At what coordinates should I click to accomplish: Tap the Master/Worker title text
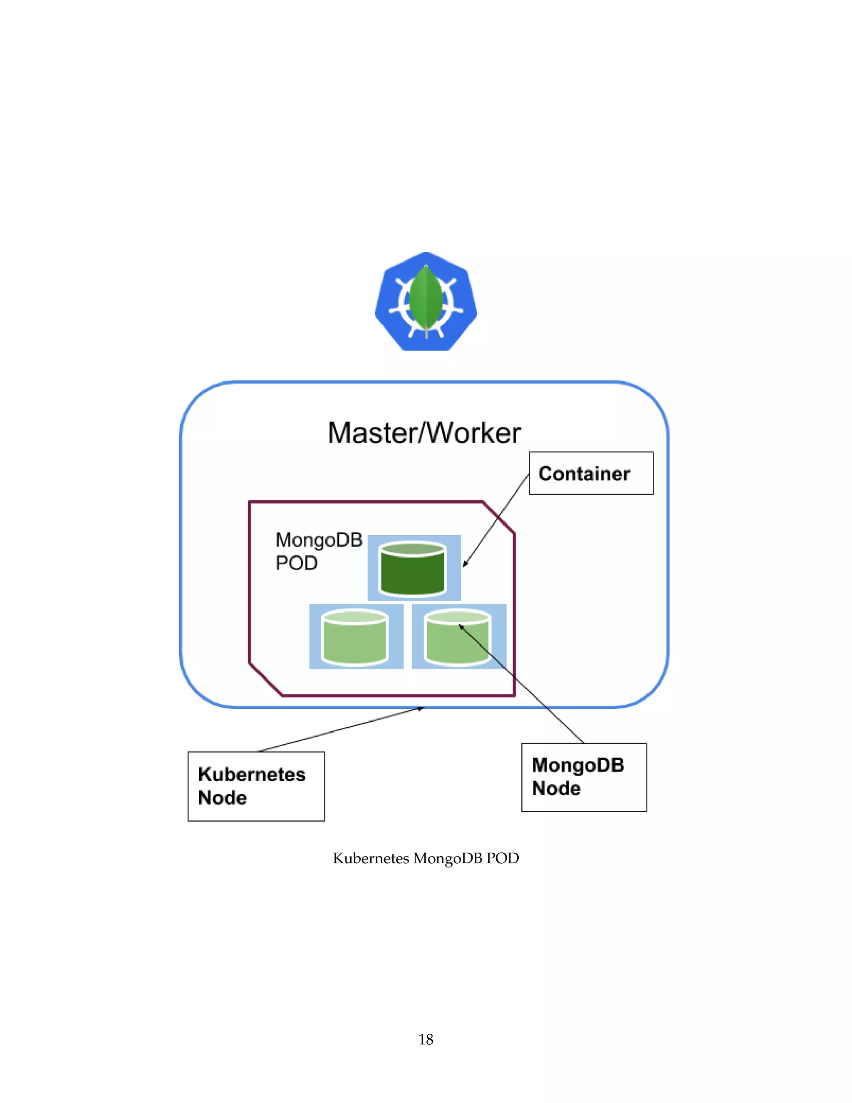coord(424,433)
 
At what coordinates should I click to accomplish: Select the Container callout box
coord(591,473)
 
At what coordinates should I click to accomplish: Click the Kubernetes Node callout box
coord(256,786)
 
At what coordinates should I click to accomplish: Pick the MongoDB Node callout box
coord(584,777)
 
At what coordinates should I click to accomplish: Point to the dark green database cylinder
coord(412,569)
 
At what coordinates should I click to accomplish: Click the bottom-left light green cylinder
coord(355,637)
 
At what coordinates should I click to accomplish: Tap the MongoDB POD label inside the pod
coord(318,551)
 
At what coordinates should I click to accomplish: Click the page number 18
coord(426,1039)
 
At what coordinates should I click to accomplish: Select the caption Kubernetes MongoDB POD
coord(426,858)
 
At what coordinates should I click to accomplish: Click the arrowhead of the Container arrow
coord(464,566)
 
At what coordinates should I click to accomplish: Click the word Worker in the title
coord(474,433)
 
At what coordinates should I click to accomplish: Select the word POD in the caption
coord(502,858)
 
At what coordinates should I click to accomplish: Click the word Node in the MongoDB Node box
coord(556,788)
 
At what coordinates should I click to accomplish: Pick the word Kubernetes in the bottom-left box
coord(251,774)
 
